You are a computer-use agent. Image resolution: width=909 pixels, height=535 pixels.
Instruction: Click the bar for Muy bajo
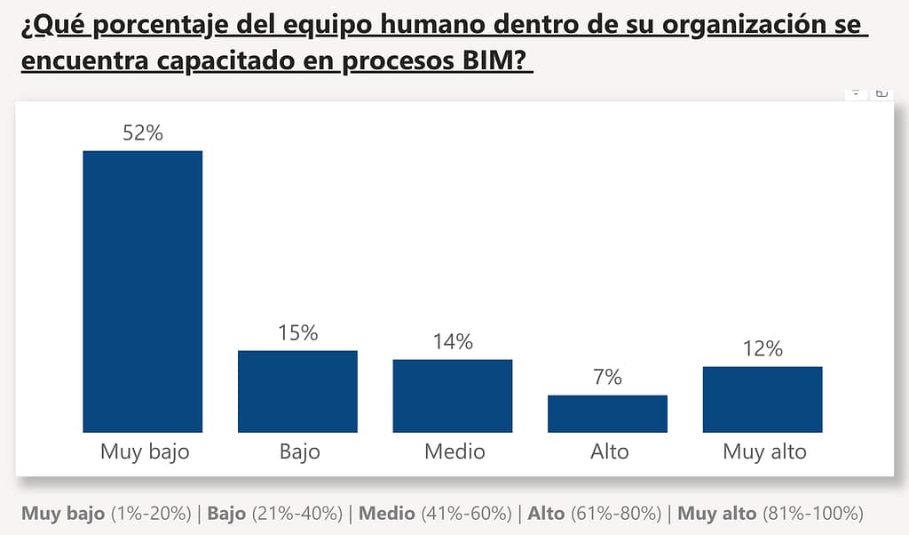coord(142,291)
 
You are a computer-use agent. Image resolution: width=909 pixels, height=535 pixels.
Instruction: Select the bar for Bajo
coord(297,391)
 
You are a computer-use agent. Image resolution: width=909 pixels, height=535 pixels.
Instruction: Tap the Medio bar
coord(453,395)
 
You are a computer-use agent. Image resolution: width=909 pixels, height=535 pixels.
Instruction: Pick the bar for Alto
coord(607,413)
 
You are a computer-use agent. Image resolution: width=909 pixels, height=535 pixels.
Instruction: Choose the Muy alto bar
coord(763,399)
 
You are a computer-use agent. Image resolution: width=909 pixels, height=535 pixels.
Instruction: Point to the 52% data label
coord(143,133)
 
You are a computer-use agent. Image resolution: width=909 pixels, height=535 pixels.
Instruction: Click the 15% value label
coord(297,333)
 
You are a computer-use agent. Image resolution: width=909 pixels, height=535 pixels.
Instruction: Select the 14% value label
coord(453,342)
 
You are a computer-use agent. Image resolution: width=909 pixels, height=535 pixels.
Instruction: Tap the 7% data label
coord(607,378)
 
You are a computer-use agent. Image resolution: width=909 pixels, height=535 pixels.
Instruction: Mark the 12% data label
coord(763,349)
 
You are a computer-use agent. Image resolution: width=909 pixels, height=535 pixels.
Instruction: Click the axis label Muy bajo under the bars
coord(145,452)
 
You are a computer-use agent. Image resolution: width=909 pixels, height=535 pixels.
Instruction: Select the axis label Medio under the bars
coord(454,451)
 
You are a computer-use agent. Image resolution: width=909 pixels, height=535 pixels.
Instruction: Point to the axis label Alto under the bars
coord(609,451)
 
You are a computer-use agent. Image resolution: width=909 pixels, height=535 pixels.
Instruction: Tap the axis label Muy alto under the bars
coord(764,452)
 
